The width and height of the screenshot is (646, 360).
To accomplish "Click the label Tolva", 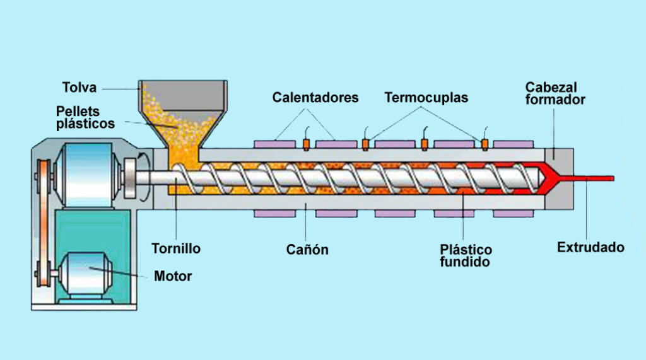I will (x=79, y=87).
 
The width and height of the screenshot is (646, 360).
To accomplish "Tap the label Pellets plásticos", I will (x=85, y=117).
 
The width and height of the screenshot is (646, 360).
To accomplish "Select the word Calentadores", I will (x=315, y=98).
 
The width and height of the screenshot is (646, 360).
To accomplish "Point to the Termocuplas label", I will (x=426, y=98).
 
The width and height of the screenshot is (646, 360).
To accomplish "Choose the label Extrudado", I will (x=590, y=247).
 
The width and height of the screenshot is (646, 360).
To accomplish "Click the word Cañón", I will (x=307, y=250).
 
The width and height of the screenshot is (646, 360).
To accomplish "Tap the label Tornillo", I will (x=176, y=248).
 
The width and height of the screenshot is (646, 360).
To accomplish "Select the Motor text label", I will (x=173, y=276).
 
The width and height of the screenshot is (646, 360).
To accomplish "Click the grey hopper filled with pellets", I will (x=182, y=107).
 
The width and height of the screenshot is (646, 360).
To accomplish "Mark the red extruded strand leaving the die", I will (x=593, y=178).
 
